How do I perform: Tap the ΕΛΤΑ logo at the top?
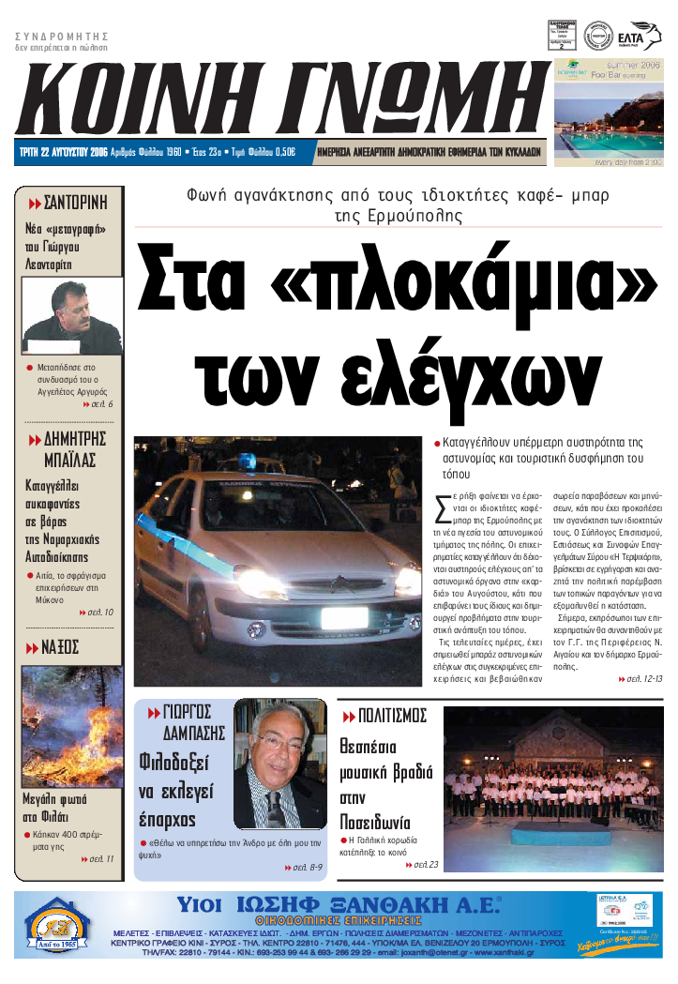tap(643, 35)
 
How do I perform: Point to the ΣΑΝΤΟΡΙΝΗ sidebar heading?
tap(68, 203)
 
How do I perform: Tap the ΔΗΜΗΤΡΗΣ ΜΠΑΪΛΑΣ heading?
tap(68, 449)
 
